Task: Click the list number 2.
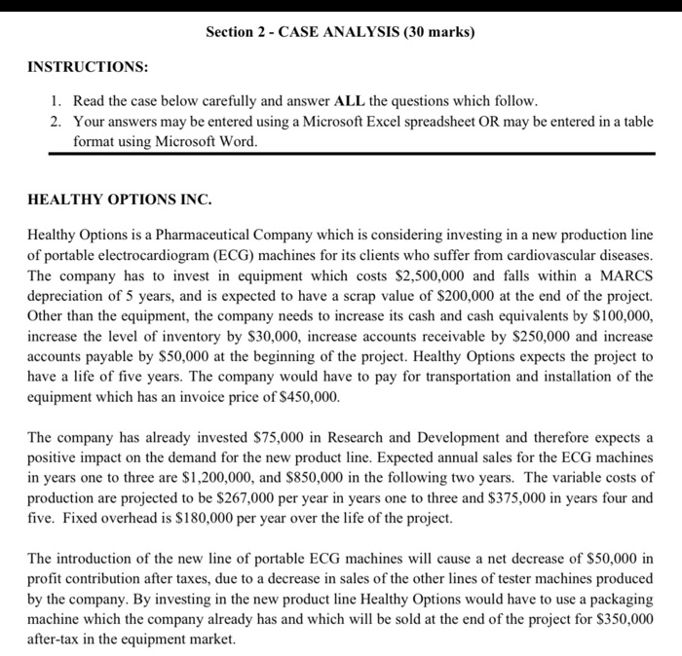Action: point(56,122)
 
